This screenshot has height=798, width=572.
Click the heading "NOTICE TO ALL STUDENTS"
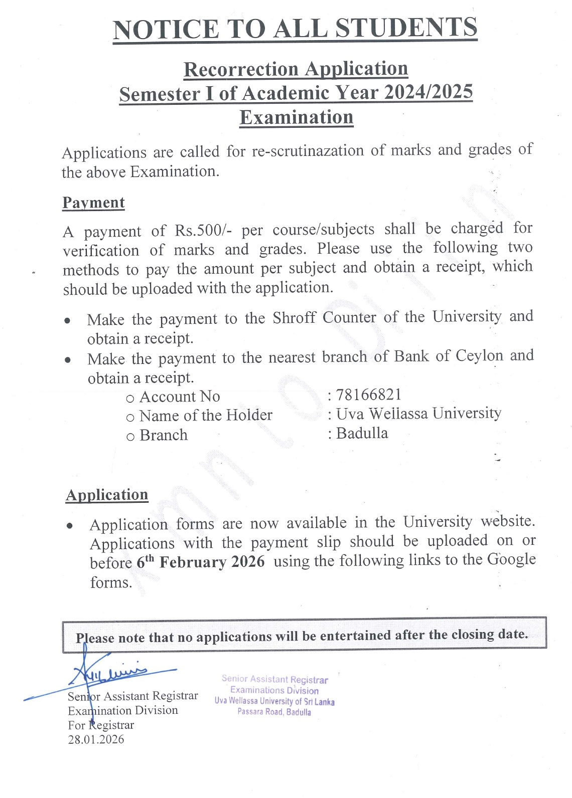click(x=295, y=29)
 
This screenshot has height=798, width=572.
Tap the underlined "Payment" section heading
click(x=93, y=203)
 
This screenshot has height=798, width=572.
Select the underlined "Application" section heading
click(x=107, y=495)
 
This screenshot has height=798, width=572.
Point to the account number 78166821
click(x=369, y=395)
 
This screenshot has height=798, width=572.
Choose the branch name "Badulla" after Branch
click(x=362, y=433)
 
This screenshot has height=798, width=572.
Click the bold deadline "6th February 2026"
click(x=201, y=561)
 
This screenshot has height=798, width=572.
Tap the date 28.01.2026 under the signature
click(x=96, y=739)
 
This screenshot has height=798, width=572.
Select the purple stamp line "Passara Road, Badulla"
click(x=274, y=712)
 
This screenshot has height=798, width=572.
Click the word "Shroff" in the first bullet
click(x=294, y=318)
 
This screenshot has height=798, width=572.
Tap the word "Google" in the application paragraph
click(x=512, y=559)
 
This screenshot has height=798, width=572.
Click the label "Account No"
click(x=179, y=397)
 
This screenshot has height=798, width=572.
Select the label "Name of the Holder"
click(x=205, y=416)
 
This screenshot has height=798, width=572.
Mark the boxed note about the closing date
click(x=304, y=636)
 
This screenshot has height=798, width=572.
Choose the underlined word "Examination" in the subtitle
click(x=297, y=117)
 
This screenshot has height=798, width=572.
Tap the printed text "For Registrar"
click(x=101, y=725)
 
